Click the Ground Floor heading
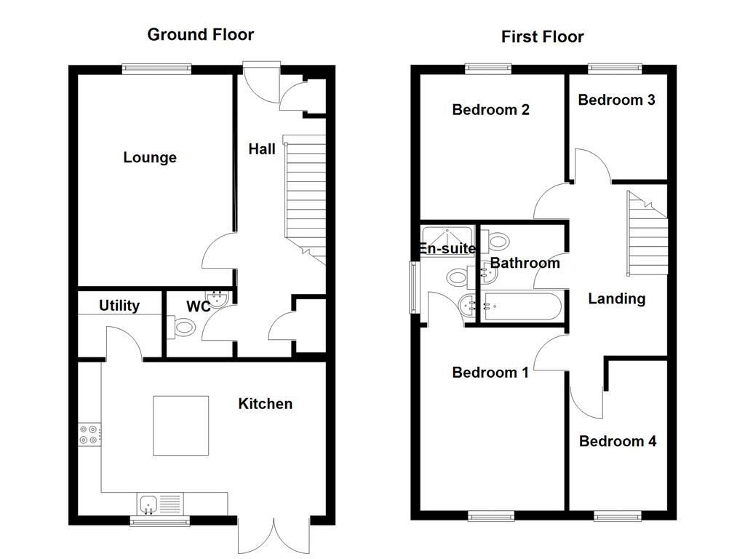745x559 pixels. click(x=200, y=34)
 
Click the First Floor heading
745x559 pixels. click(x=542, y=36)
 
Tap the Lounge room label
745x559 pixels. click(x=150, y=157)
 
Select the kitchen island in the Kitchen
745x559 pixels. click(x=180, y=424)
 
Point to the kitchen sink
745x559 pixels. click(x=148, y=503)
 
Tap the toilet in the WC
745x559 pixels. click(x=182, y=328)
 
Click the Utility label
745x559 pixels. click(x=119, y=305)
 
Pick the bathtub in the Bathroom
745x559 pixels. click(x=522, y=306)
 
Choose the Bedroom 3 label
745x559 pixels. click(x=616, y=100)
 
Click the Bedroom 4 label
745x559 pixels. click(x=618, y=441)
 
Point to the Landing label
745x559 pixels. click(x=616, y=298)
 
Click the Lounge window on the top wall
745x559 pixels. click(x=156, y=69)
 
